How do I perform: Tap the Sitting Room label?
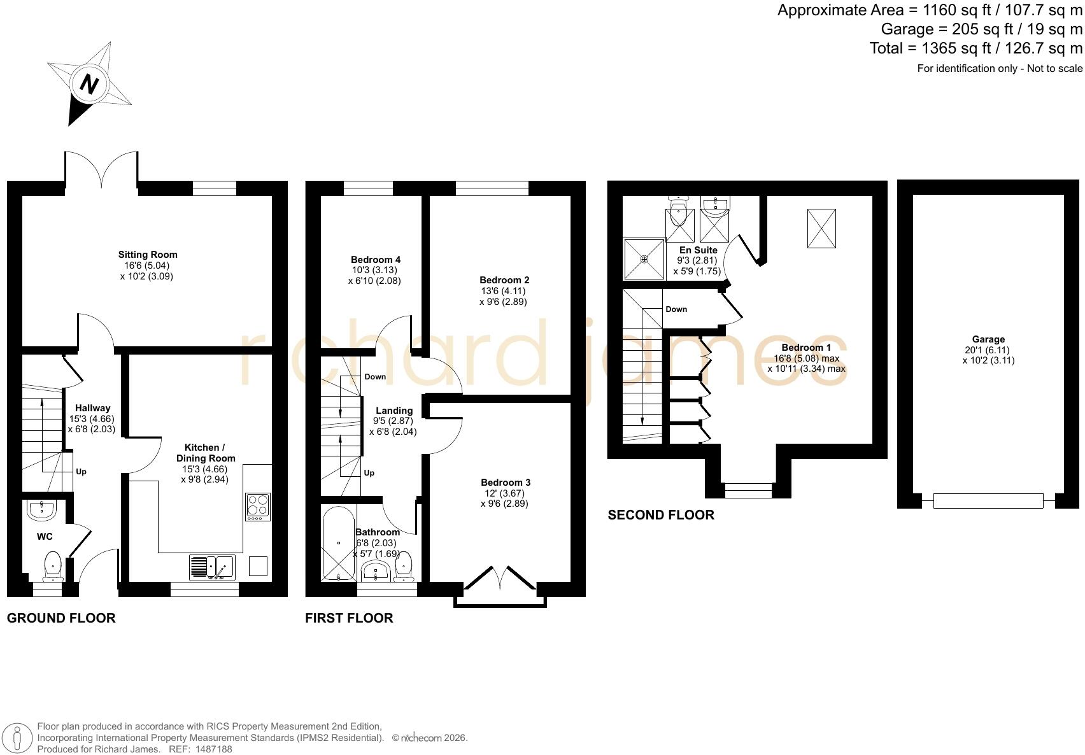[x=148, y=255]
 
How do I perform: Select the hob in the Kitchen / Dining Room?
[x=258, y=507]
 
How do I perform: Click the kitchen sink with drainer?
[x=212, y=567]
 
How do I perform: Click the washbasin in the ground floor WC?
[x=41, y=510]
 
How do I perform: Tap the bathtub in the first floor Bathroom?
[x=339, y=544]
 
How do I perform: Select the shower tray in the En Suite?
[x=644, y=259]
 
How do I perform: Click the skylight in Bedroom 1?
[x=821, y=229]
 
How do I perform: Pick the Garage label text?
[x=988, y=339]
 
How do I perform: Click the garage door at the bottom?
[x=988, y=501]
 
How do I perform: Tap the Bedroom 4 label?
[x=376, y=260]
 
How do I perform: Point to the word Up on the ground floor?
[x=81, y=472]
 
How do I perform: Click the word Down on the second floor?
[x=676, y=309]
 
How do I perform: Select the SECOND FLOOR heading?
[x=661, y=515]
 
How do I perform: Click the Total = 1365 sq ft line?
[x=975, y=48]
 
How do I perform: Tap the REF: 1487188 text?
[x=200, y=749]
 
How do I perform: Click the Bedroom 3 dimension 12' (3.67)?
[x=504, y=493]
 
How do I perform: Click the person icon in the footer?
[x=17, y=738]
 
